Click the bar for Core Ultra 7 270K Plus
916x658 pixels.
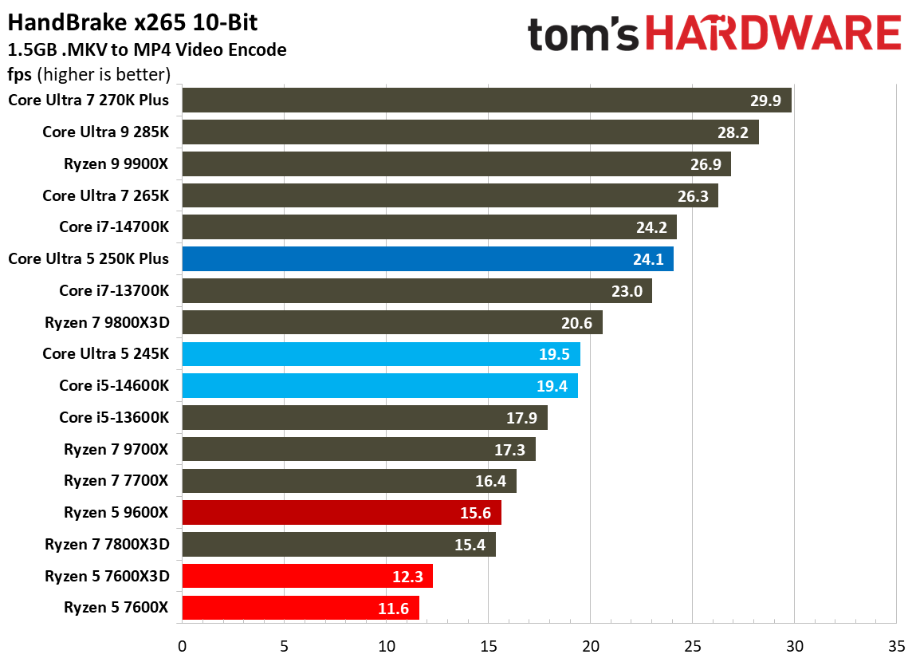[486, 100]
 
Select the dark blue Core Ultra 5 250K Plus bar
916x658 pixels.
[427, 259]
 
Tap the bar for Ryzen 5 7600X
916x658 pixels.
[301, 608]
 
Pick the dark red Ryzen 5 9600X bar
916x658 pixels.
[341, 513]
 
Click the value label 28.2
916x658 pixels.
[733, 132]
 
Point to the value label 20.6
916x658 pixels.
[576, 323]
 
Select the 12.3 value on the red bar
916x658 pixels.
[407, 577]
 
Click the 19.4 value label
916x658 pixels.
[552, 386]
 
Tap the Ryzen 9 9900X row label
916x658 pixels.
[116, 164]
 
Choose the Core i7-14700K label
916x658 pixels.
[114, 227]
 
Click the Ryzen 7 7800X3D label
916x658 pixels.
[107, 544]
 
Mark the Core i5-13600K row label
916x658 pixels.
[114, 417]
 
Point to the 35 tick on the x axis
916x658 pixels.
[896, 644]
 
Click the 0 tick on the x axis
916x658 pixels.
[183, 644]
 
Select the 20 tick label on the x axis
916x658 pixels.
[590, 644]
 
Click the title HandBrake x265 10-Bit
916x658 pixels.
[133, 22]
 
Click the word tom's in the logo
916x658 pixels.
[584, 33]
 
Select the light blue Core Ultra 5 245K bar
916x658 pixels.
[381, 354]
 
